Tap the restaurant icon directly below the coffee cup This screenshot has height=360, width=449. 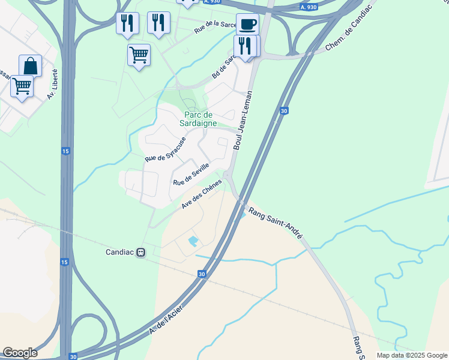(x=246, y=46)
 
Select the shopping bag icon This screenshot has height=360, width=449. (x=30, y=66)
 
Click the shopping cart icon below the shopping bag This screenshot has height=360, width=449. (x=22, y=86)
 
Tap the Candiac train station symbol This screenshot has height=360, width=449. (x=140, y=253)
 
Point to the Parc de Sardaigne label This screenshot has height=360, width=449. (x=200, y=118)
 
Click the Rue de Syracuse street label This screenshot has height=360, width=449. (x=165, y=149)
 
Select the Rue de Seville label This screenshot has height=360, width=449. (x=191, y=175)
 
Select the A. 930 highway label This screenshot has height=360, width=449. (x=308, y=7)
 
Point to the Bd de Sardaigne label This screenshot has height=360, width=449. (x=222, y=68)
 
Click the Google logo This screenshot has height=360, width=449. (x=20, y=353)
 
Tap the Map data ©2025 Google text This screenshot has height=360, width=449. (x=411, y=355)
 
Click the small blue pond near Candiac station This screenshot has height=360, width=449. (x=193, y=242)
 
